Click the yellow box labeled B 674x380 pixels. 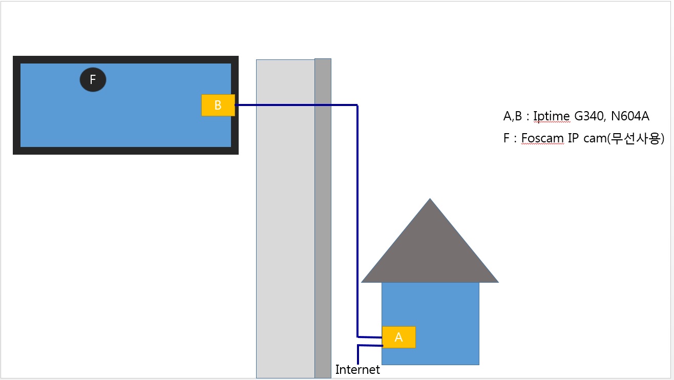tap(218, 105)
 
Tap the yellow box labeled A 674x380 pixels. tap(398, 337)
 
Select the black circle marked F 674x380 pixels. tap(93, 79)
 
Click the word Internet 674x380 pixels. tap(357, 369)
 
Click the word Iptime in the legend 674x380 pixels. tap(552, 116)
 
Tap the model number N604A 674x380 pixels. tap(630, 116)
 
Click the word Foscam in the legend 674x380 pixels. tap(542, 138)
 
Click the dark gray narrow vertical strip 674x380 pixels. tap(323, 218)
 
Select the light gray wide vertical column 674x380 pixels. tap(286, 219)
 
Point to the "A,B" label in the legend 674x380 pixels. tap(513, 116)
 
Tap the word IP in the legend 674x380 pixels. tap(573, 138)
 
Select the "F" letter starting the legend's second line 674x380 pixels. tap(507, 138)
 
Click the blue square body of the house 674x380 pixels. tap(430, 304)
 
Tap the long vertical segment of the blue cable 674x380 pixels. tap(357, 221)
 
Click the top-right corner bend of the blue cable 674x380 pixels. tap(357, 105)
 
